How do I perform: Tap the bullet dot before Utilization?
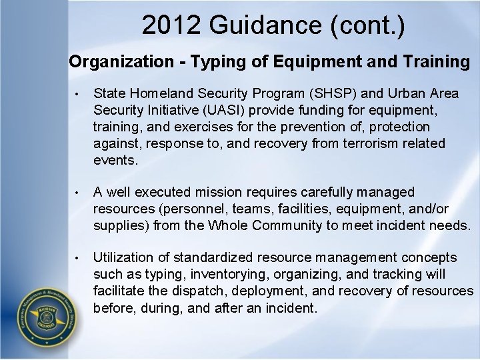(78, 257)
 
